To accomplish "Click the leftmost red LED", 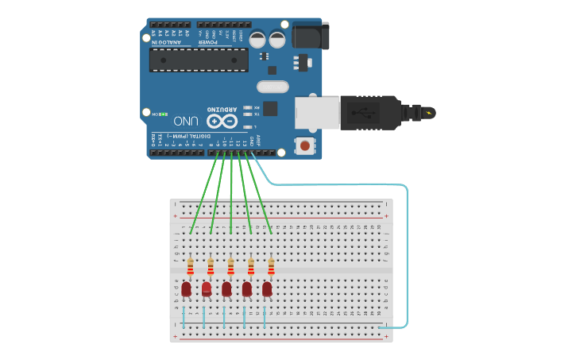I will (186, 289).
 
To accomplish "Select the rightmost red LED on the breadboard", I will (267, 289).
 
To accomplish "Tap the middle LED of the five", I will (226, 289).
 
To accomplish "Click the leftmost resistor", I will (190, 265).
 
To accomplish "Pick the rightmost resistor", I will (271, 265).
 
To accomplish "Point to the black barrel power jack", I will (310, 35).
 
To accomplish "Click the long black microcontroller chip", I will (199, 60).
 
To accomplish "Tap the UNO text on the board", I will (185, 121).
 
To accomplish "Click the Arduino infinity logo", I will (222, 121).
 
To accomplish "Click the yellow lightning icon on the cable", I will (430, 113).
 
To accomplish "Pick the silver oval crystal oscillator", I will (273, 86).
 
